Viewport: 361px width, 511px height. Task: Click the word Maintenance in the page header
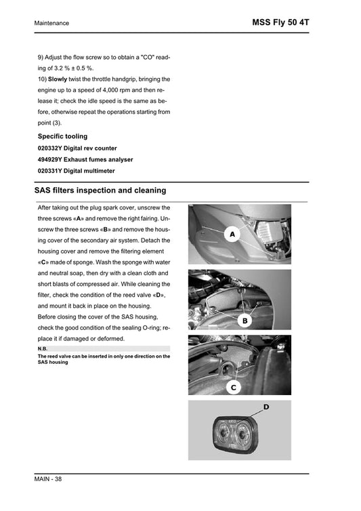51,23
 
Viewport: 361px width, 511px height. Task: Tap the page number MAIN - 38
50,480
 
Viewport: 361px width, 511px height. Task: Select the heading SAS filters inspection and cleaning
100,190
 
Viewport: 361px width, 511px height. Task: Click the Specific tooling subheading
62,136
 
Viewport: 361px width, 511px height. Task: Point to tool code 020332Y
51,148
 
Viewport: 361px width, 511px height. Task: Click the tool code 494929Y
51,159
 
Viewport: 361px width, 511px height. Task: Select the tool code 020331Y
51,171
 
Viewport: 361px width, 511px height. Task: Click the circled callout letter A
232,234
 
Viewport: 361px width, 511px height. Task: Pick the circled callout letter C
233,387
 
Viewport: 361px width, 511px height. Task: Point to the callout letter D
266,407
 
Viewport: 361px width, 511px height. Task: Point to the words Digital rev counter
91,148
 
